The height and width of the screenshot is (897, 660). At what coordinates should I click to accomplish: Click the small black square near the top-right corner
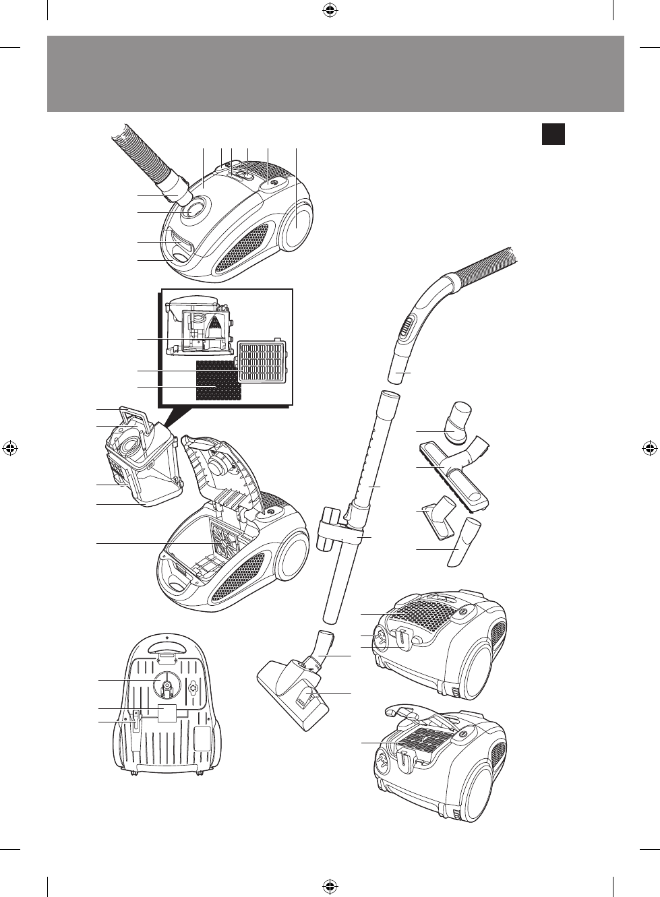click(x=553, y=133)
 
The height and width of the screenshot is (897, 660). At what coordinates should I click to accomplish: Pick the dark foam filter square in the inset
click(x=217, y=379)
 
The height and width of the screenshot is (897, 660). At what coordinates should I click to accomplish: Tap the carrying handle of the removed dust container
click(x=138, y=414)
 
